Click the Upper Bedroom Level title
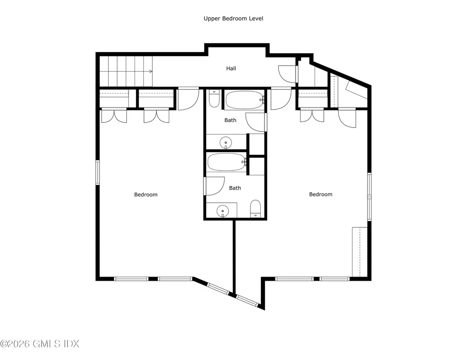point(233,18)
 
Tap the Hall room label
point(231,68)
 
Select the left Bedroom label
point(145,195)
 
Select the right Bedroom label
point(321,194)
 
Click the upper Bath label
point(230,120)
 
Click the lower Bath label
point(235,188)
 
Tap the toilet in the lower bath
point(255,209)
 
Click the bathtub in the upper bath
point(245,100)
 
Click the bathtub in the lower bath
point(226,162)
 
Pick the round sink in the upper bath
point(226,143)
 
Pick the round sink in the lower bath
point(223,211)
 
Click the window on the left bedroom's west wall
point(98,173)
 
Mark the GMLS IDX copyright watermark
point(40,344)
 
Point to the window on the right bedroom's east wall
point(369,197)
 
